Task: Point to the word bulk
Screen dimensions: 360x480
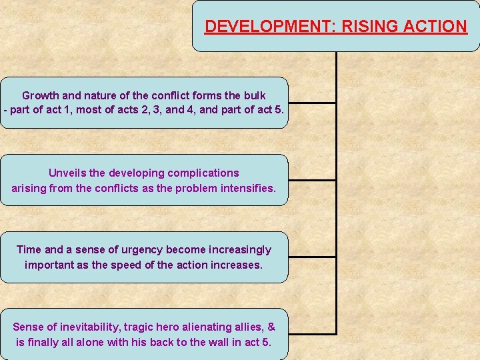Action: pyautogui.click(x=254, y=96)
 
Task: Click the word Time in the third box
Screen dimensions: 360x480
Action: pyautogui.click(x=29, y=250)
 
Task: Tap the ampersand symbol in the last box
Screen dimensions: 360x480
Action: pyautogui.click(x=271, y=327)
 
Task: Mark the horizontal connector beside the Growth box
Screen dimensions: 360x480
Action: pyautogui.click(x=312, y=103)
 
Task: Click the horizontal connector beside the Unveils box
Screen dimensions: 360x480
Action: pyautogui.click(x=312, y=180)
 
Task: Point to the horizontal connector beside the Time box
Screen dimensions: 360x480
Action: pyautogui.click(x=312, y=257)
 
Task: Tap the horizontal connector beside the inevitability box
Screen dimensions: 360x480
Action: pyautogui.click(x=312, y=333)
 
